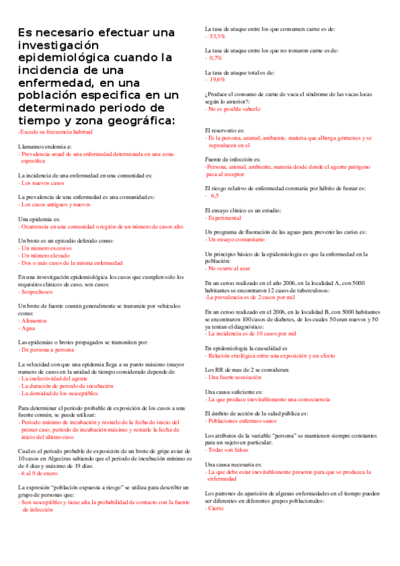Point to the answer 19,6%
pos(217,79)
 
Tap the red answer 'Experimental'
pos(229,218)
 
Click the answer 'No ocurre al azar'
pos(230,268)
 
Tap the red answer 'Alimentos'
pos(35,320)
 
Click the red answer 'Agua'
pos(28,328)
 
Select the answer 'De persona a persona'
pos(47,349)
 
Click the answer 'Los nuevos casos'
pos(43,182)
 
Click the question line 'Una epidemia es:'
pos(39,220)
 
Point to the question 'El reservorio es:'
pos(224,130)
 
